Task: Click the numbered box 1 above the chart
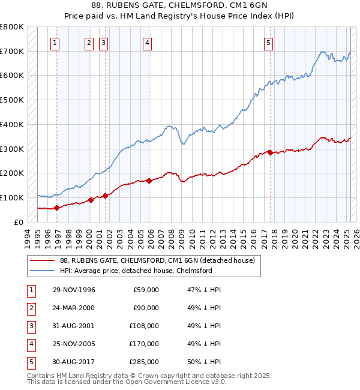55,43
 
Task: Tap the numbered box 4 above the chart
147,43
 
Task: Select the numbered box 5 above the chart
268,43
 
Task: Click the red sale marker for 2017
270,152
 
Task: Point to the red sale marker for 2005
149,180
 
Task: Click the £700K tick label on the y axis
12,52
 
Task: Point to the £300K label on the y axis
12,149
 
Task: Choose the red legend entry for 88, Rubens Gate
157,260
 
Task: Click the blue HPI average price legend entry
136,271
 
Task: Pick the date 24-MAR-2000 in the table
74,308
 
